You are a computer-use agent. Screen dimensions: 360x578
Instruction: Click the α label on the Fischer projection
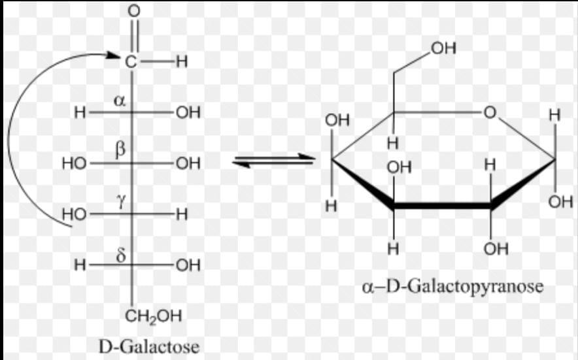pos(119,101)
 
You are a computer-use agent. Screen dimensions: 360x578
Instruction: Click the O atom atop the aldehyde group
pos(133,11)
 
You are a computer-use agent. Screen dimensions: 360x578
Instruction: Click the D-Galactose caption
pos(149,345)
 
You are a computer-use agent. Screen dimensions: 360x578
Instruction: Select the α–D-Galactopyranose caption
pos(453,287)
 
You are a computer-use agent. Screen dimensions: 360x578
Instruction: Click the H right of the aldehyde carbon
pos(181,62)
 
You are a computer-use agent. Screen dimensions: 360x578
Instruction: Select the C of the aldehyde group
pos(132,62)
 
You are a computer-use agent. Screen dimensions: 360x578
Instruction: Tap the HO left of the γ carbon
pos(74,214)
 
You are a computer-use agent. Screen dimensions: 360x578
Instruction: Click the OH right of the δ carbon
pos(188,265)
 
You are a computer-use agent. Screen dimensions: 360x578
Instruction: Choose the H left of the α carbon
pos(80,112)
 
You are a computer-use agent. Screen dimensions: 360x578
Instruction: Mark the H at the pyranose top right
pos(554,115)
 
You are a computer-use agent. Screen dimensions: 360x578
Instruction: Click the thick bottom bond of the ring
pos(442,206)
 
